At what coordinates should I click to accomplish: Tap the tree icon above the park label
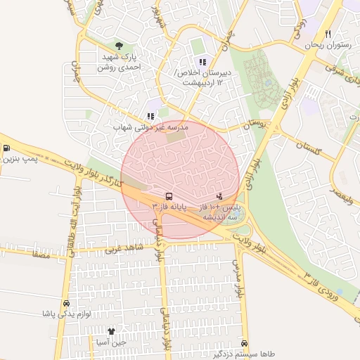pos(127,46)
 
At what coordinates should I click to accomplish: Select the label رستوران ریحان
pos(328,45)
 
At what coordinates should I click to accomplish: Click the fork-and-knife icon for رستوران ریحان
pos(328,34)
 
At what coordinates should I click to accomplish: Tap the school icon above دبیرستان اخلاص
pos(202,63)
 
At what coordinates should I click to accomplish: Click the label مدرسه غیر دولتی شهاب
pos(150,127)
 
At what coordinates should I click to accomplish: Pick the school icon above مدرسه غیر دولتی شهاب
pos(150,116)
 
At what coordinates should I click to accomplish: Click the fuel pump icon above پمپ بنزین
pos(6,148)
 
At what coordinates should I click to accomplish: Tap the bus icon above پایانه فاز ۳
pos(169,196)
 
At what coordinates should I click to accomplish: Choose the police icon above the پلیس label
pos(220,196)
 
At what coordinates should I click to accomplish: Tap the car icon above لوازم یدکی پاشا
pos(66,303)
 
